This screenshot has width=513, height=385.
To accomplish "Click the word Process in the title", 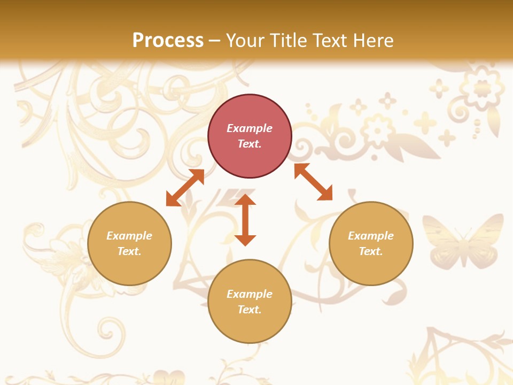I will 168,41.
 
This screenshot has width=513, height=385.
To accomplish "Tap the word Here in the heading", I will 372,41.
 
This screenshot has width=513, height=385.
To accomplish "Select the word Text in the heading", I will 329,41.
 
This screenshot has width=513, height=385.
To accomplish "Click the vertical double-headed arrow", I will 245,220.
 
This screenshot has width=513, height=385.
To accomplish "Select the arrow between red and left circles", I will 185,188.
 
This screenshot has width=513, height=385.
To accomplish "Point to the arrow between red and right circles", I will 313,182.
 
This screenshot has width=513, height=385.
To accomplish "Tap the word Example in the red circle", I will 250,128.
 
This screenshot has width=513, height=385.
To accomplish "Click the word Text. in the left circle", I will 129,251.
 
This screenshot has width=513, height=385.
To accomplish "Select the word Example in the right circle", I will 371,236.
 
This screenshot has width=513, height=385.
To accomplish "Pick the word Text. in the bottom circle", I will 250,310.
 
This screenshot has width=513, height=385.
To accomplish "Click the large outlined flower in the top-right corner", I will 482,88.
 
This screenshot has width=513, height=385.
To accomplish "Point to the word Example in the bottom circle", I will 250,294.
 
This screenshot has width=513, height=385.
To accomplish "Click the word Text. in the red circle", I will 250,144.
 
